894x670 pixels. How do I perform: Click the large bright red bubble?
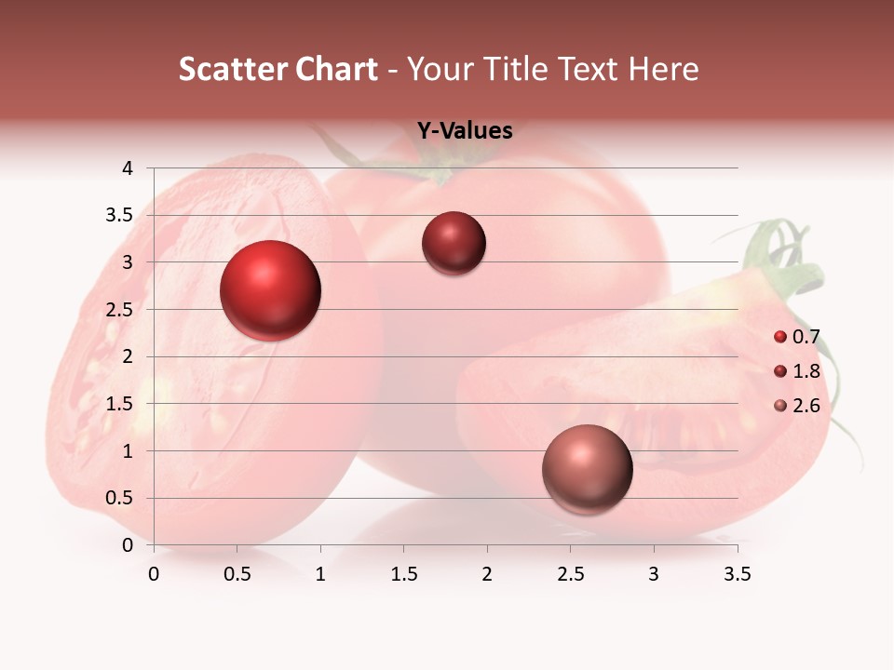coord(271,290)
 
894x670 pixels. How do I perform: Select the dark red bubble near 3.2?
coord(454,244)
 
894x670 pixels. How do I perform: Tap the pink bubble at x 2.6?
coord(587,469)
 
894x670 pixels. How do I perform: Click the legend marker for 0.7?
coord(780,337)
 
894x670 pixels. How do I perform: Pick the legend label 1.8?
coord(806,371)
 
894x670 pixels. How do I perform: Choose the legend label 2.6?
coord(806,406)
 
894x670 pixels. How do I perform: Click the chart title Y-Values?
coord(464,131)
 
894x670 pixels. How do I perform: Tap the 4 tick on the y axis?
coord(128,168)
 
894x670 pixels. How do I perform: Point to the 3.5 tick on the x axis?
coord(737,574)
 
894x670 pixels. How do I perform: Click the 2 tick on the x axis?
coord(487,574)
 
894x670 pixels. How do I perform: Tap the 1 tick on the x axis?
coord(320,574)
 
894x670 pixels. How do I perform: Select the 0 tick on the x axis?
coord(154,574)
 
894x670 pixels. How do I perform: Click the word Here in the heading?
coord(663,69)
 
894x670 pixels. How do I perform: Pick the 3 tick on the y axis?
coord(128,262)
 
